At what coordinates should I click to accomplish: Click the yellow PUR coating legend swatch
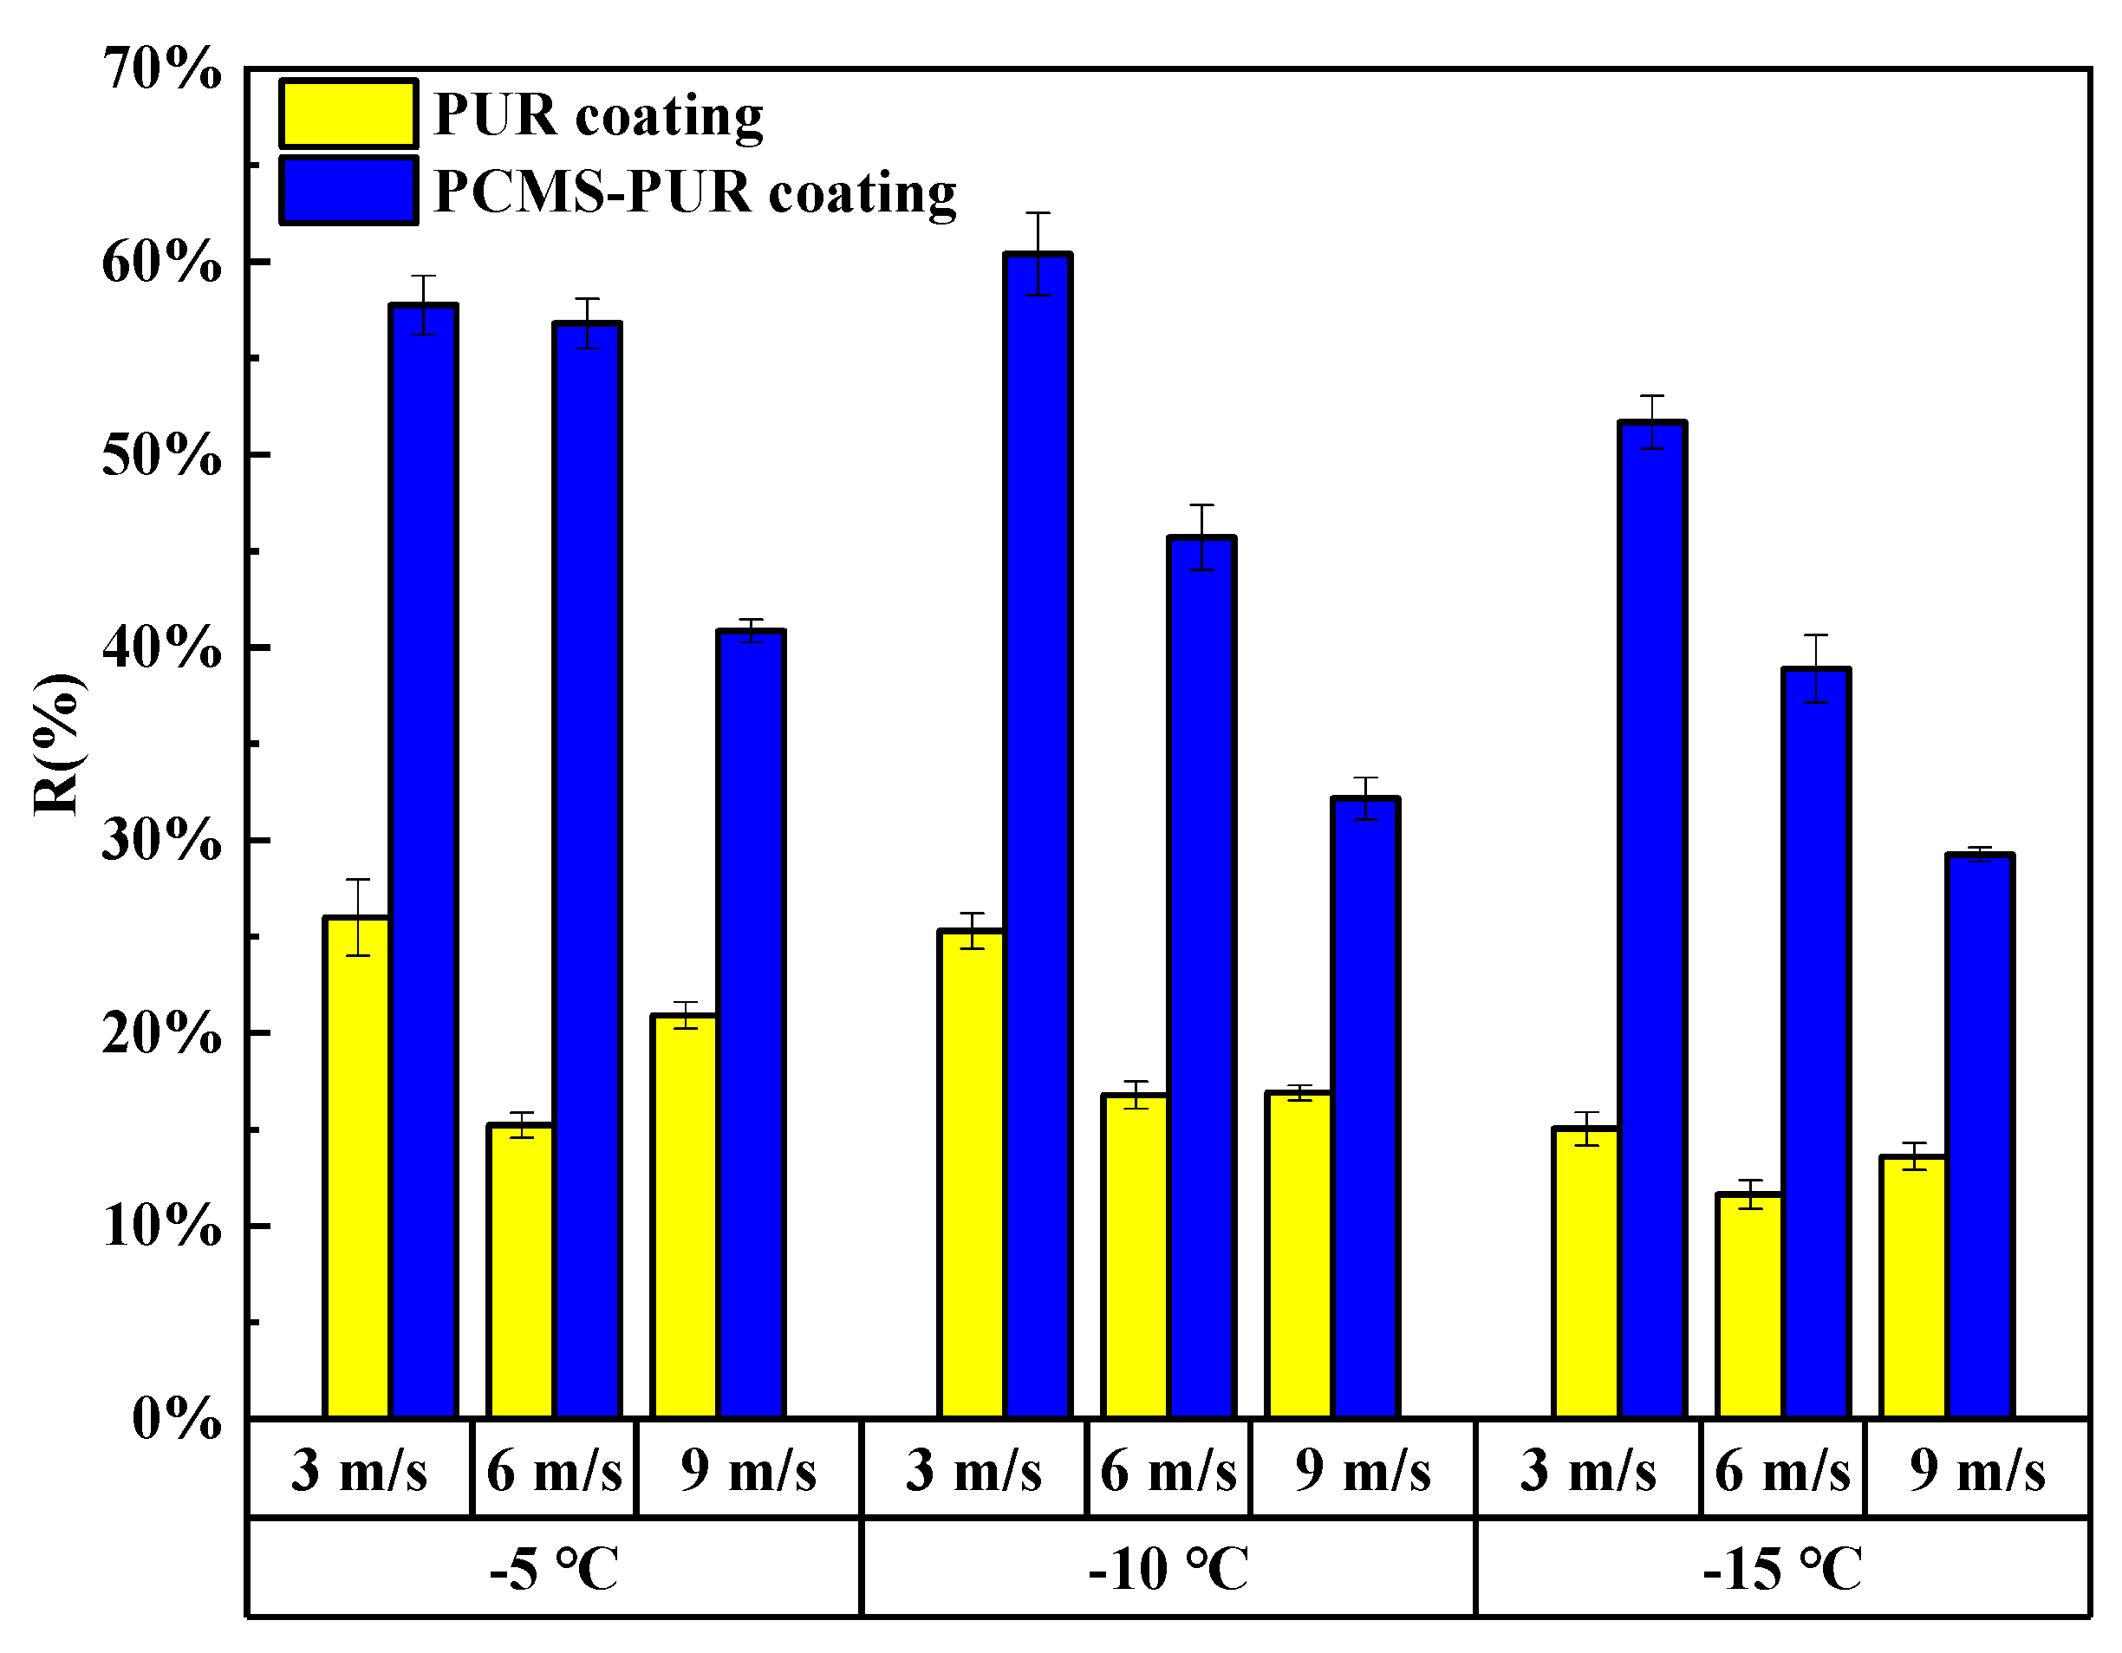point(348,114)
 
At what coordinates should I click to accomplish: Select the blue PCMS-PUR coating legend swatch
point(348,191)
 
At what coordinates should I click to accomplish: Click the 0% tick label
point(176,1420)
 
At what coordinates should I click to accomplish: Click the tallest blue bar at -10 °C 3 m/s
point(1038,836)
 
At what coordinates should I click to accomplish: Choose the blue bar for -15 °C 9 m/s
point(1979,1137)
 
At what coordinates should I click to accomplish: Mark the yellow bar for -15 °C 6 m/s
point(1749,1306)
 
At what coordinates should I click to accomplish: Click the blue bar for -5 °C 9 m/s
point(750,1025)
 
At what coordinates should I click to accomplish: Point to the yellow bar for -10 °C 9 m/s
point(1299,1254)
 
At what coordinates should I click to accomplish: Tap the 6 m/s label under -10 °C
point(1168,1470)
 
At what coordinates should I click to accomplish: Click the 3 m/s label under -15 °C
point(1588,1470)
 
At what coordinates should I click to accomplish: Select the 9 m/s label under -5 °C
point(748,1470)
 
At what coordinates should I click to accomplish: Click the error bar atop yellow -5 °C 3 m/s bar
point(357,916)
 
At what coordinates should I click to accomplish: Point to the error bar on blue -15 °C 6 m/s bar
point(1816,668)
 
